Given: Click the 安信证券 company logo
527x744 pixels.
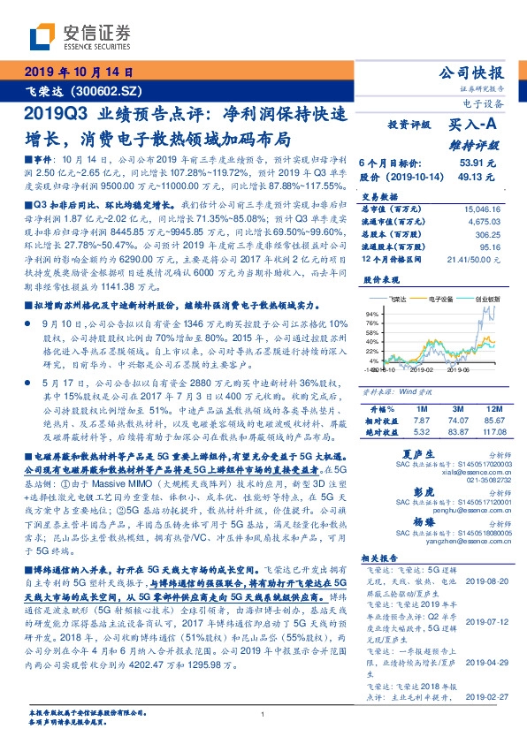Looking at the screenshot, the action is [80, 36].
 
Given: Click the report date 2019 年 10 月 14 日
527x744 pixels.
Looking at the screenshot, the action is [77, 72].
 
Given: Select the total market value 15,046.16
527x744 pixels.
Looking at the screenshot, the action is [485, 209].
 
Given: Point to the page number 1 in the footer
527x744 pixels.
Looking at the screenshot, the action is [263, 715].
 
